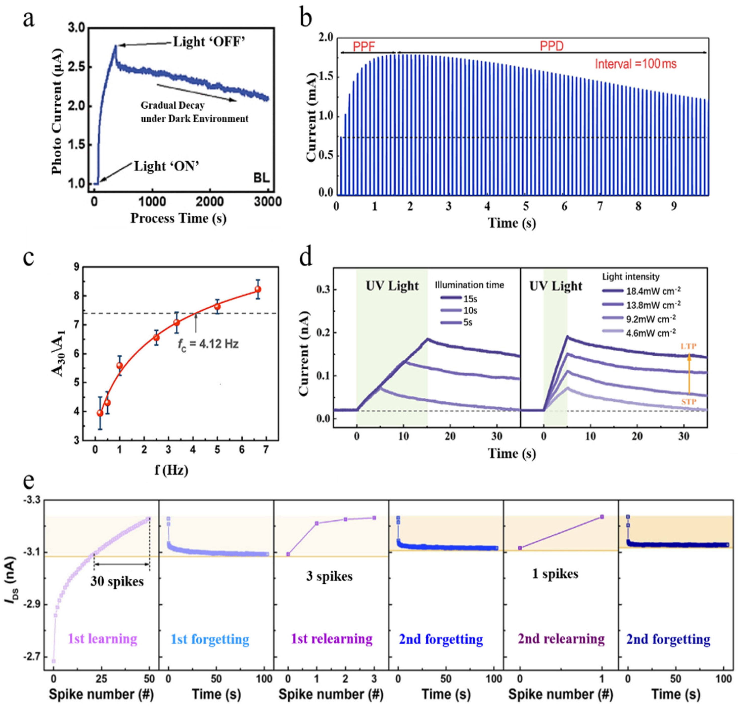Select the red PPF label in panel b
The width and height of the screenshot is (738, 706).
pyautogui.click(x=364, y=46)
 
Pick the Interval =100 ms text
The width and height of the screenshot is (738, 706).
pyautogui.click(x=635, y=64)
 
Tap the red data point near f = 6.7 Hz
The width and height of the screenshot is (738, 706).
pyautogui.click(x=258, y=289)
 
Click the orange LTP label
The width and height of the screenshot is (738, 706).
pyautogui.click(x=688, y=346)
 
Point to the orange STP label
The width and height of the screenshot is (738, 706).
pyautogui.click(x=688, y=402)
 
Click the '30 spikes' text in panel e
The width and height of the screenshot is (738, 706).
pyautogui.click(x=117, y=581)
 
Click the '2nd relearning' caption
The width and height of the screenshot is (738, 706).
pyautogui.click(x=561, y=639)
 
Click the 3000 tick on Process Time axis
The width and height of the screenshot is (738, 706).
pyautogui.click(x=268, y=202)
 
